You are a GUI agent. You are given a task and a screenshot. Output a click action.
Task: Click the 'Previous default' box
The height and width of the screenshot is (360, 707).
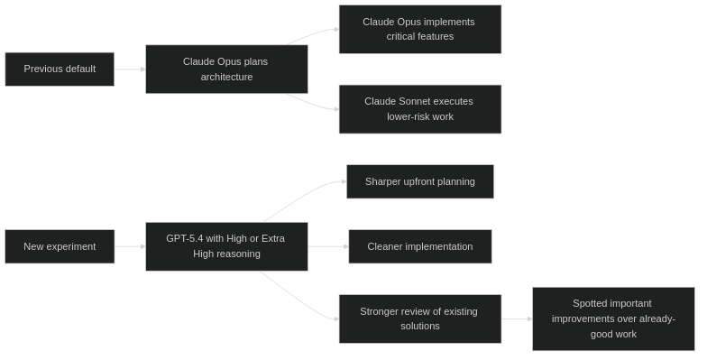(x=60, y=69)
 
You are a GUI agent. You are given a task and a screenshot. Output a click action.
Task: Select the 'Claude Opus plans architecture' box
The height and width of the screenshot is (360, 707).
(x=226, y=69)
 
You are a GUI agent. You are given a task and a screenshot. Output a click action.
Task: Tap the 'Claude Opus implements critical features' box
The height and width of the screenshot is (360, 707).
(x=419, y=29)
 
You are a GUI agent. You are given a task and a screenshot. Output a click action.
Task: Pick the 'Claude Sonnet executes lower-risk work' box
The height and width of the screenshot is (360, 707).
(x=419, y=109)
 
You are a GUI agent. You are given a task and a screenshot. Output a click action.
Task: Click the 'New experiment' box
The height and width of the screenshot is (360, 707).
(x=60, y=246)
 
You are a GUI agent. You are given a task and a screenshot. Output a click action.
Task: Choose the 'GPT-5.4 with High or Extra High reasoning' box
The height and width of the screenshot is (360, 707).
(x=226, y=246)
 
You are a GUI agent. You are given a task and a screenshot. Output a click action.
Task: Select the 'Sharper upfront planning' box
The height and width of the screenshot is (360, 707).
(x=420, y=181)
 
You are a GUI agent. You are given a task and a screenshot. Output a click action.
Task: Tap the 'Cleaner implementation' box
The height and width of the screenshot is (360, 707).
(x=420, y=246)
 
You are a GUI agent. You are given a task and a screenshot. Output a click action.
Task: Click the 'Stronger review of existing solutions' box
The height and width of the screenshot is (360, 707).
(x=419, y=318)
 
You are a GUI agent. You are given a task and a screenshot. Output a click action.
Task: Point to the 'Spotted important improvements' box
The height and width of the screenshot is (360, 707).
(x=613, y=318)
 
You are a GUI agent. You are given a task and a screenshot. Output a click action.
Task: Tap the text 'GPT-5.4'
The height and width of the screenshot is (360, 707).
(x=184, y=238)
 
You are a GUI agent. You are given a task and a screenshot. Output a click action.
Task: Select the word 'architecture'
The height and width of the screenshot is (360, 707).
(x=226, y=78)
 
